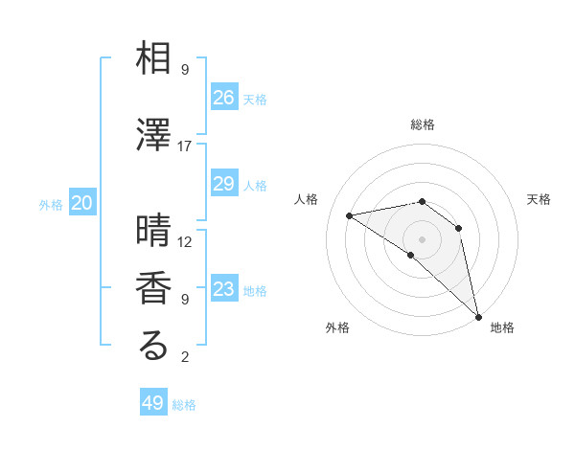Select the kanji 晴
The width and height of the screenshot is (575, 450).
pyautogui.click(x=153, y=231)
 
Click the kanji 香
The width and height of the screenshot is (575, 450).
pyautogui.click(x=153, y=288)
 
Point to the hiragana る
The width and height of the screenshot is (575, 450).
pyautogui.click(x=153, y=347)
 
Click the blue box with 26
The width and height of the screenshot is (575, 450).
pyautogui.click(x=224, y=98)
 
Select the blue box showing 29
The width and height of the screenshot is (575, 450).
pyautogui.click(x=224, y=184)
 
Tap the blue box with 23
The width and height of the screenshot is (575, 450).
pyautogui.click(x=224, y=289)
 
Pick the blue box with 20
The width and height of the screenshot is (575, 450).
pyautogui.click(x=82, y=203)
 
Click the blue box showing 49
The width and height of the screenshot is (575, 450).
pyautogui.click(x=153, y=403)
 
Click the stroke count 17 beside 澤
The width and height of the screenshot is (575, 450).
pyautogui.click(x=185, y=146)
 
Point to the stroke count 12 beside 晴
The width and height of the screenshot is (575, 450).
pyautogui.click(x=185, y=242)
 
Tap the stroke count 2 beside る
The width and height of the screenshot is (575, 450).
pyautogui.click(x=185, y=358)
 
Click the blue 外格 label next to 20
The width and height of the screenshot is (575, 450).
pyautogui.click(x=51, y=204)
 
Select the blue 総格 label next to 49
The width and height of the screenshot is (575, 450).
pyautogui.click(x=185, y=405)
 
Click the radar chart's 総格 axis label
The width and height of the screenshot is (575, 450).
pyautogui.click(x=423, y=124)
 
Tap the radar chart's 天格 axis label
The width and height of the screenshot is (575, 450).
pyautogui.click(x=539, y=199)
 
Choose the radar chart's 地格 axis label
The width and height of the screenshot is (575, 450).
pyautogui.click(x=502, y=327)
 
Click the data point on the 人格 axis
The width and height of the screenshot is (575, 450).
pyautogui.click(x=350, y=215)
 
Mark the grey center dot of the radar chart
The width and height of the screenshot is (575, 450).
pyautogui.click(x=423, y=238)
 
